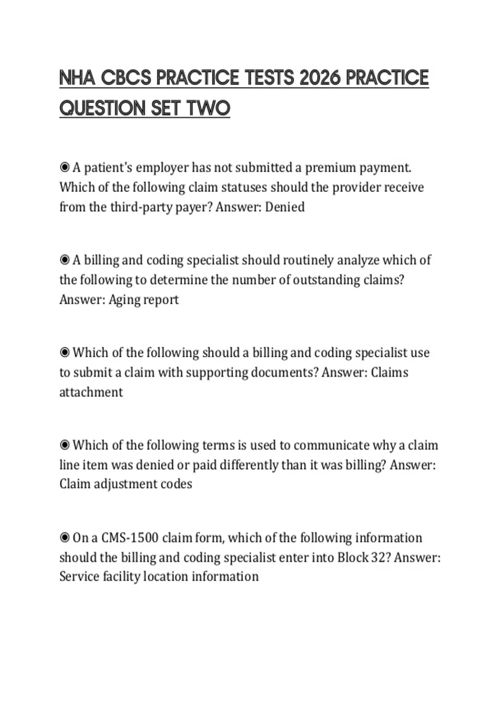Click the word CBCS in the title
click(126, 78)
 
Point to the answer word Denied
click(285, 207)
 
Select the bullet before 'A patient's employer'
click(65, 168)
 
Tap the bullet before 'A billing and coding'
click(65, 260)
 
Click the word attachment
click(91, 392)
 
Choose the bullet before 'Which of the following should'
click(65, 353)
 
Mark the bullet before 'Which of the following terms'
click(65, 445)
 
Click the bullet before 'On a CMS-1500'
click(65, 538)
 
